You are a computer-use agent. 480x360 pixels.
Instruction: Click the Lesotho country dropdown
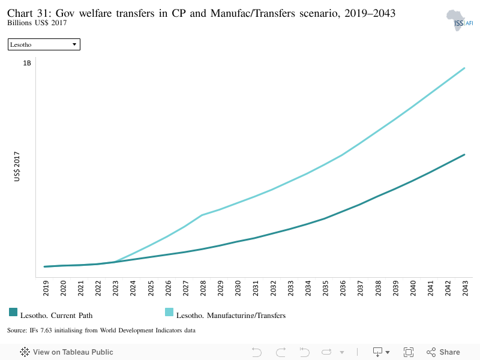coord(44,44)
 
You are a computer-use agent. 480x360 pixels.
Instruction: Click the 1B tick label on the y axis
coord(27,63)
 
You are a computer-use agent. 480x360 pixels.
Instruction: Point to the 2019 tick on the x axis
coord(46,288)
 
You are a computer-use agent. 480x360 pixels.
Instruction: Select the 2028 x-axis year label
coord(203,288)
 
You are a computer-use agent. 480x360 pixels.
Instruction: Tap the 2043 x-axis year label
coord(466,288)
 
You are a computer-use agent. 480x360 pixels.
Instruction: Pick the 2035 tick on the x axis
coord(325,288)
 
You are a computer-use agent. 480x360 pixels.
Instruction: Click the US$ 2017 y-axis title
coord(17,167)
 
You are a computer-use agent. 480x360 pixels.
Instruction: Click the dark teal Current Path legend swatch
coord(13,312)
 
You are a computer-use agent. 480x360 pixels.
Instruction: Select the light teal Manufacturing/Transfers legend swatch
coord(169,312)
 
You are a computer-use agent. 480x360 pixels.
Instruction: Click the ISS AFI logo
coord(460,20)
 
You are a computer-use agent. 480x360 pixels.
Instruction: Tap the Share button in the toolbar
coord(443,352)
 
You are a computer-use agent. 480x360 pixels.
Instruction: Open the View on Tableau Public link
coord(67,352)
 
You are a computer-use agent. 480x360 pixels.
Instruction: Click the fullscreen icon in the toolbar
coord(409,352)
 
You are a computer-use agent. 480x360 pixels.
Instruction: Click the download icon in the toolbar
coord(377,352)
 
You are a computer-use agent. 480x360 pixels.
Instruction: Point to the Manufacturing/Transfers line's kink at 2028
coord(202,215)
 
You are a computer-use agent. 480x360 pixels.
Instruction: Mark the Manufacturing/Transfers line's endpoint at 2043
coord(464,68)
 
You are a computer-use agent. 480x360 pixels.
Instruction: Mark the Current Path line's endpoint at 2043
coord(464,155)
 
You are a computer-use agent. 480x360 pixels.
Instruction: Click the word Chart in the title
coord(20,13)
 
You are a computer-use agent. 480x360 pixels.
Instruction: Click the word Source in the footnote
coord(17,331)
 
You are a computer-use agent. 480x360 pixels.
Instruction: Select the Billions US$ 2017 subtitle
coord(37,23)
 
